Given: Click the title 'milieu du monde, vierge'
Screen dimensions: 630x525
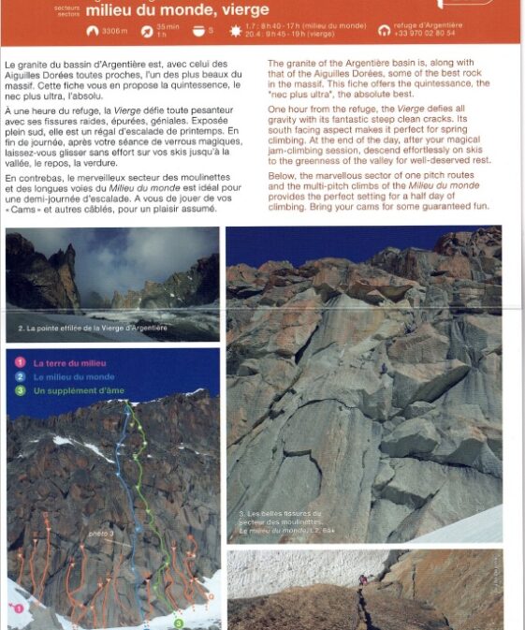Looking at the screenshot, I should click(177, 10).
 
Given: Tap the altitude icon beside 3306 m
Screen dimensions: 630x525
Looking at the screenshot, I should click(93, 31).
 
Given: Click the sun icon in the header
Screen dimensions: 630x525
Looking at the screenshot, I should click(235, 31).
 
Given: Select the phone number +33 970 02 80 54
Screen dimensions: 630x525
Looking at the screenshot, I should click(426, 33).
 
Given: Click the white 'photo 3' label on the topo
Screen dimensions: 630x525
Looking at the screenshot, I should click(101, 535).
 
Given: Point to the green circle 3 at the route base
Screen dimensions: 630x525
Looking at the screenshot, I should click(179, 623).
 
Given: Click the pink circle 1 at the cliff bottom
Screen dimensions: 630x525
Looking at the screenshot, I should click(18, 608).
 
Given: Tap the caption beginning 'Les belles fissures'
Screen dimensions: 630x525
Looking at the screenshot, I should click(280, 514).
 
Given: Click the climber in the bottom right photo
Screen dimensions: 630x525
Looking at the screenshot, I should click(363, 580).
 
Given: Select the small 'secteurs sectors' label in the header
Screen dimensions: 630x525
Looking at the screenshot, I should click(68, 10).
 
